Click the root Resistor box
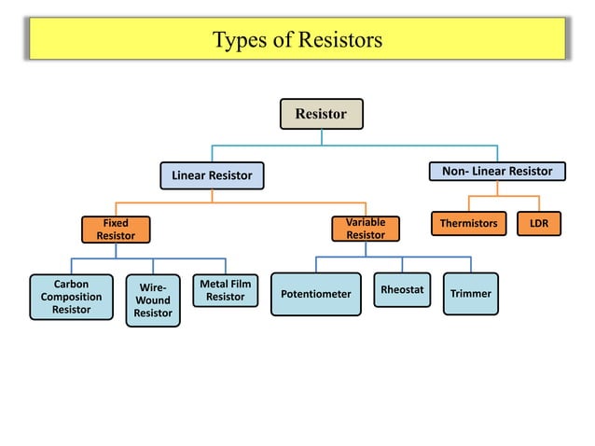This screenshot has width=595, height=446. (322, 114)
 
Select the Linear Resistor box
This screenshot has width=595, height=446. (212, 175)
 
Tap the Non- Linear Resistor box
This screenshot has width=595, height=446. (496, 171)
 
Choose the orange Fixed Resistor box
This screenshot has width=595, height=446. (116, 230)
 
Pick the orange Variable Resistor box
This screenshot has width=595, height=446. (366, 230)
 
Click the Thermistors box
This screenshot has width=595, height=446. (468, 224)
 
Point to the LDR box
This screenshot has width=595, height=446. (539, 224)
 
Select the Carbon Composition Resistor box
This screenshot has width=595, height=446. (72, 297)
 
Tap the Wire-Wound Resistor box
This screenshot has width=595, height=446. (153, 300)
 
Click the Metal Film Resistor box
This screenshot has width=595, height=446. (226, 290)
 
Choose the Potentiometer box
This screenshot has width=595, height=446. (315, 294)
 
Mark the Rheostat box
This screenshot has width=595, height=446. (402, 289)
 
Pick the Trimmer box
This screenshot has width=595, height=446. (470, 294)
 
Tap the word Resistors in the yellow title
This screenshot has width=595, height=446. (339, 40)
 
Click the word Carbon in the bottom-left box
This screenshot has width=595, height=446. (72, 284)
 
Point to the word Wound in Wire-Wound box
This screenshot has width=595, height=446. (153, 300)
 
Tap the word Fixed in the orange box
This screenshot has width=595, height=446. (116, 223)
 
